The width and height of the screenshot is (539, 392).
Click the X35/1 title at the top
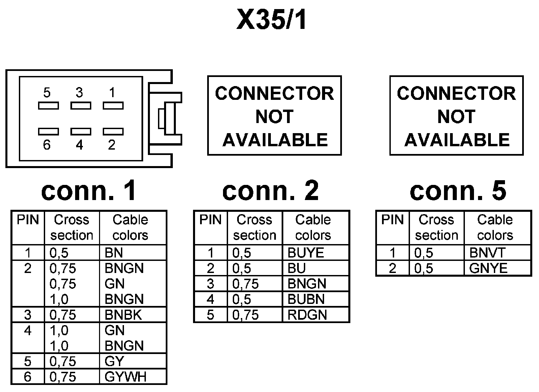point(272,19)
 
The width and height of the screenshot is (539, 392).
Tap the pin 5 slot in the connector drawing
point(49,106)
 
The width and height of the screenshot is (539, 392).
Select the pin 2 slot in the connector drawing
point(113,131)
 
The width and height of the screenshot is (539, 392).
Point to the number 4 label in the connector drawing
point(80,145)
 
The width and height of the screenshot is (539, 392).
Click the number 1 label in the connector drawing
point(112,92)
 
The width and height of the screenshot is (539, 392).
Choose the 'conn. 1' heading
point(89,191)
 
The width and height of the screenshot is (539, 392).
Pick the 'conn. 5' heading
point(458,191)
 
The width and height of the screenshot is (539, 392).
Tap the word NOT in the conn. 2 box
point(274,117)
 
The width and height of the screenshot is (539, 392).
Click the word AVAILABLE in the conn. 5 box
point(457,140)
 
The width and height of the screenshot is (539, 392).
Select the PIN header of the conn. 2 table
point(210,220)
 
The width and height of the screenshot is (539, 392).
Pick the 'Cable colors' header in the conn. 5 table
point(495,227)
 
